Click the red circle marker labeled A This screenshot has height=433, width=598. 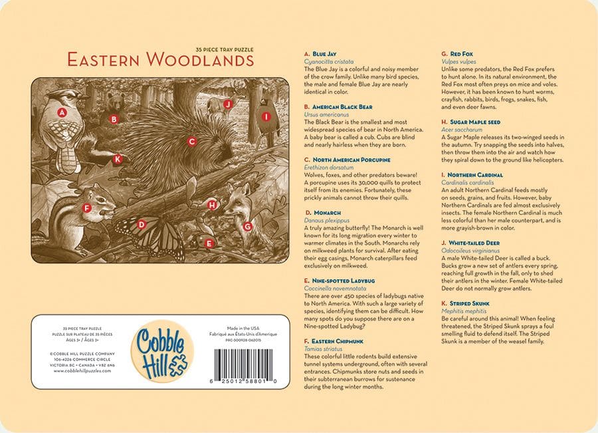point(62,112)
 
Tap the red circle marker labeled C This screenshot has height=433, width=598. point(191,141)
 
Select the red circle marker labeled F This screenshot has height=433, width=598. point(86,208)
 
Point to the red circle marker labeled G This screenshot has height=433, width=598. point(247,226)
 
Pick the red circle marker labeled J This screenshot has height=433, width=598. point(227,104)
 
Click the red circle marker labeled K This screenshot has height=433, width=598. point(118,159)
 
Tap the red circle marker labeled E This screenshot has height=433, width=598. point(209,243)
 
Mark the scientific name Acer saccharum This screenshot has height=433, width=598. point(461,130)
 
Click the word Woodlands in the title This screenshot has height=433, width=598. point(199,60)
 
